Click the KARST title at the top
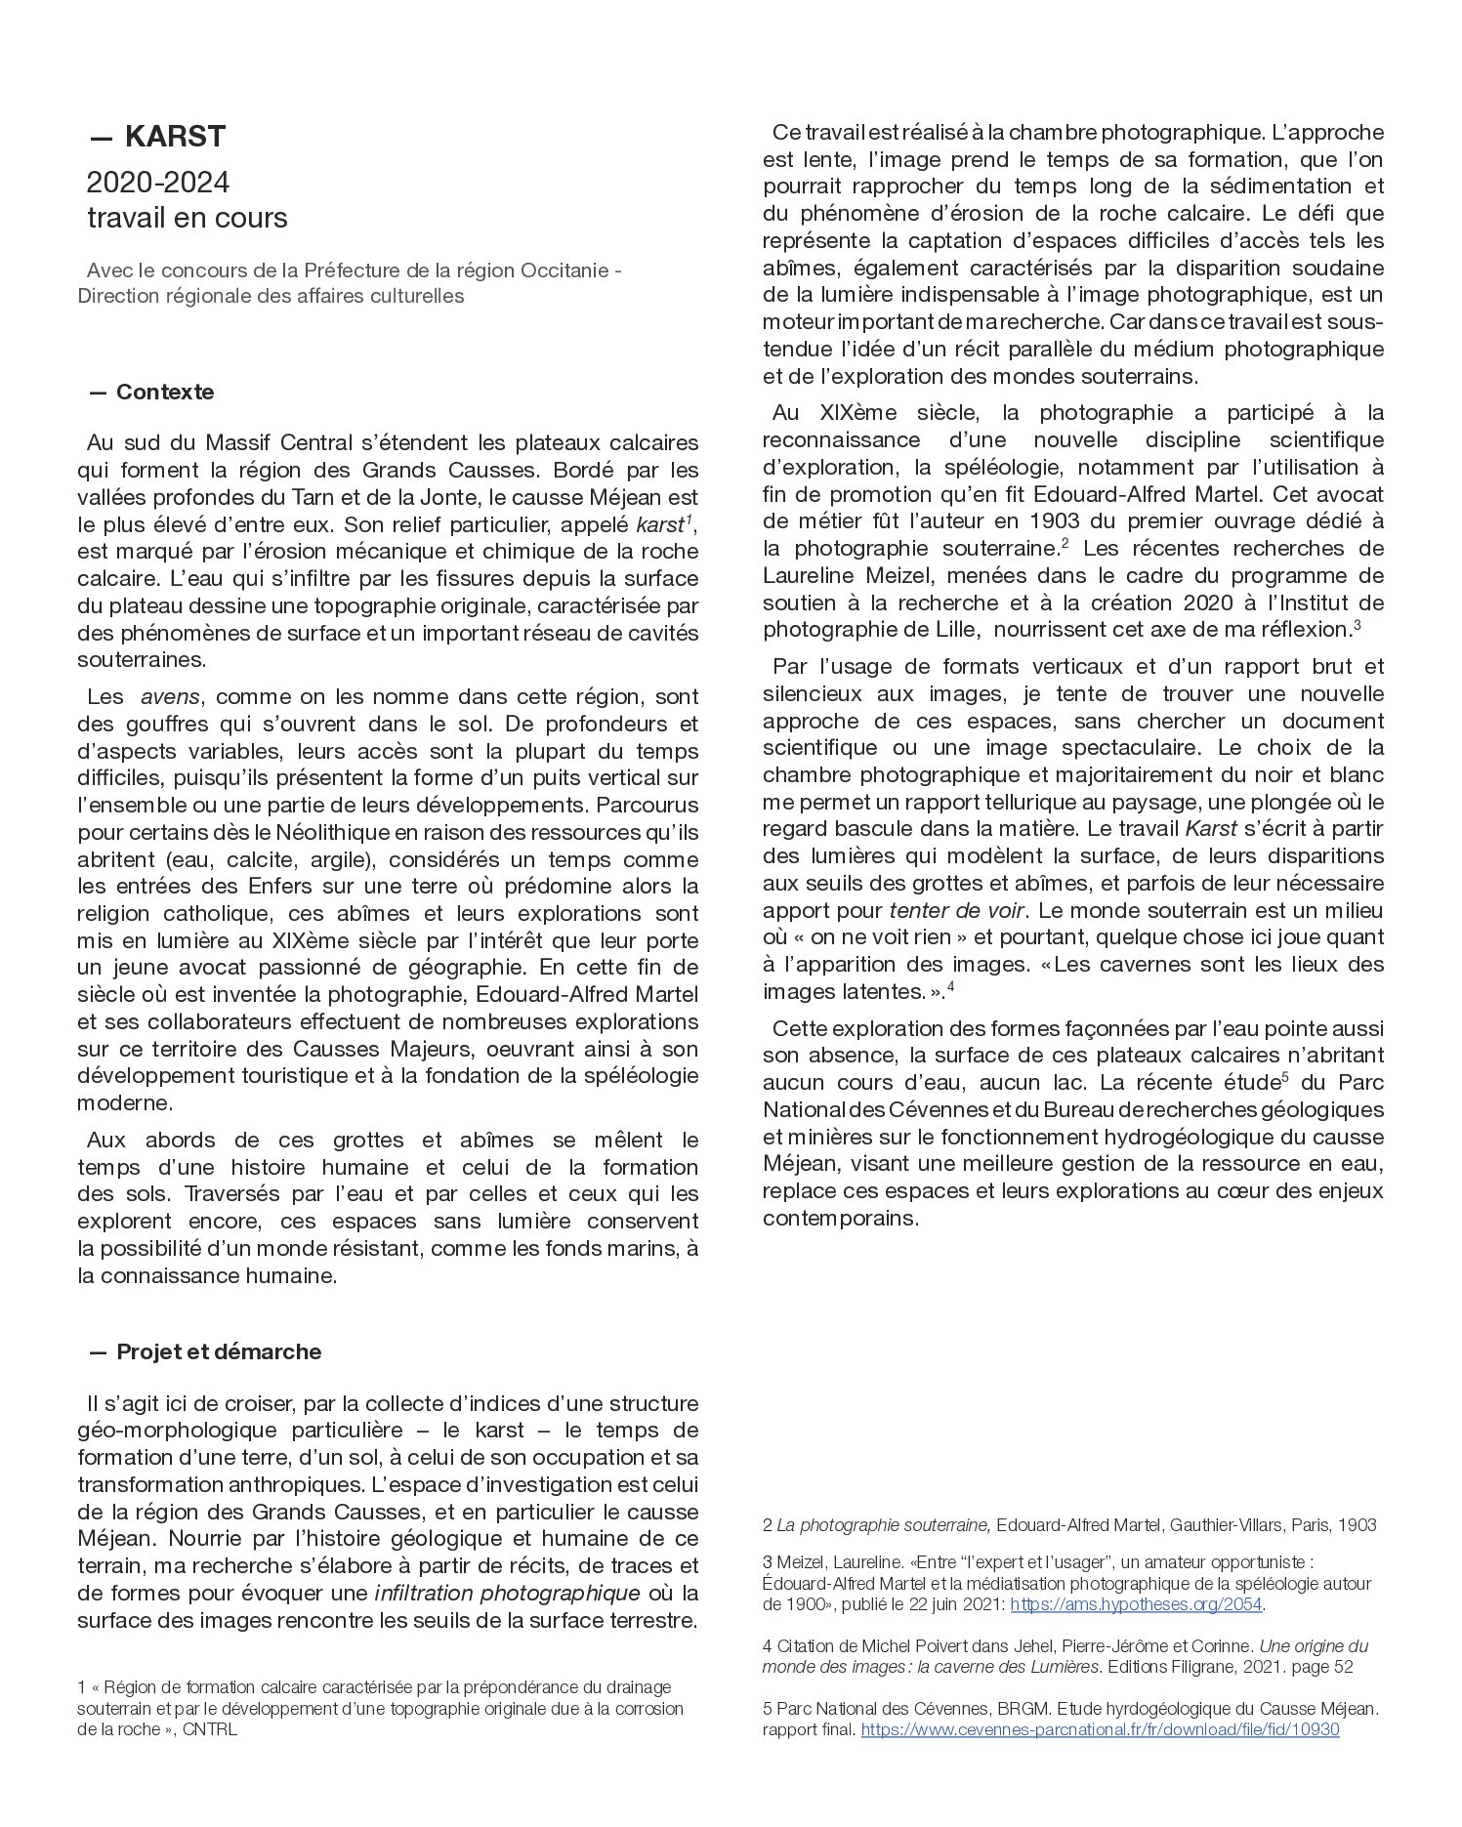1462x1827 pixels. [176, 137]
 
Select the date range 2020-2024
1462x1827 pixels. [158, 183]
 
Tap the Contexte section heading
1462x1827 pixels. [164, 392]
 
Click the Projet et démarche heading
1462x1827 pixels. [218, 1351]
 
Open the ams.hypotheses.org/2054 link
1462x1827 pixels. [1136, 1604]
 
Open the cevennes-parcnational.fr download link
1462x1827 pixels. [1100, 1728]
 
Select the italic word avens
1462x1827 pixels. [171, 697]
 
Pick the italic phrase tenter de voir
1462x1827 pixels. [956, 910]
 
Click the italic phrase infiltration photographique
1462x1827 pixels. [507, 1593]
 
